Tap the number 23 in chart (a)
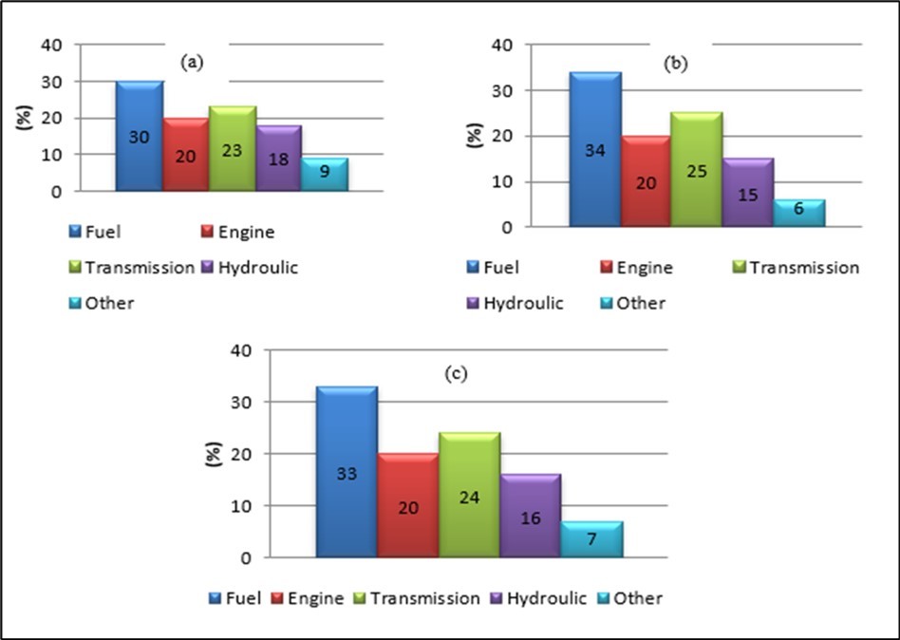coord(232,149)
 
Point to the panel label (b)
coord(678,64)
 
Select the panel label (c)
coord(457,374)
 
